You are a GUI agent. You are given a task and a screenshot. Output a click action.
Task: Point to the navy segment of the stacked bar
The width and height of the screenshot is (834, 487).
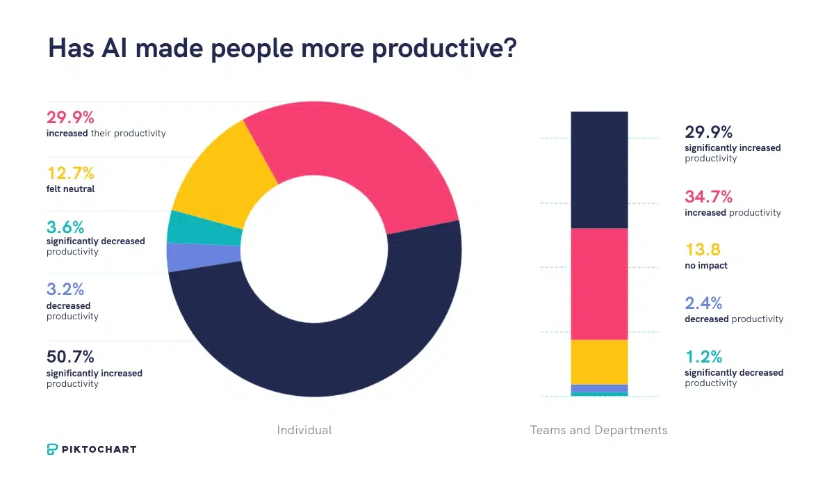(x=599, y=170)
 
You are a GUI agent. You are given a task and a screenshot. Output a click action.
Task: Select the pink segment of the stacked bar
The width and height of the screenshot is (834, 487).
(x=599, y=284)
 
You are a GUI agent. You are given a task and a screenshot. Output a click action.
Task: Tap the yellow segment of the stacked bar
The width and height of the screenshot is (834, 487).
(x=599, y=362)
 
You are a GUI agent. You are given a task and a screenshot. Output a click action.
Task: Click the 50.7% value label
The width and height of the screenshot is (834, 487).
(x=70, y=358)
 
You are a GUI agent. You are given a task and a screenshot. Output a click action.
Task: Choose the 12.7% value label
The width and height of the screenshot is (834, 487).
(x=70, y=173)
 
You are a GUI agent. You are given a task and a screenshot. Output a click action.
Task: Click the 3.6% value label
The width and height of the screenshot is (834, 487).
(x=65, y=226)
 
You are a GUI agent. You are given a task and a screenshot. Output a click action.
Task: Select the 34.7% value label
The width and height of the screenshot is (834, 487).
(x=708, y=197)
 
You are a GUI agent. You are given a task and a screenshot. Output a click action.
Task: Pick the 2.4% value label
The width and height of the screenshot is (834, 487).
(x=703, y=303)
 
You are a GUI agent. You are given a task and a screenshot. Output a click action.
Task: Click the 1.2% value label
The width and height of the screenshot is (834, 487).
(x=703, y=357)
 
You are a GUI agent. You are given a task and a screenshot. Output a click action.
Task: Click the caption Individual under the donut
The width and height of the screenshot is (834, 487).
(x=304, y=430)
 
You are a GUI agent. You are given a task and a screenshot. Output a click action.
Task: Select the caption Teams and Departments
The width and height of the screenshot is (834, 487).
(x=598, y=430)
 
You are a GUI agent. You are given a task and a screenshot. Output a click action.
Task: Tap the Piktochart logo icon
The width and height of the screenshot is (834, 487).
(x=54, y=449)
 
